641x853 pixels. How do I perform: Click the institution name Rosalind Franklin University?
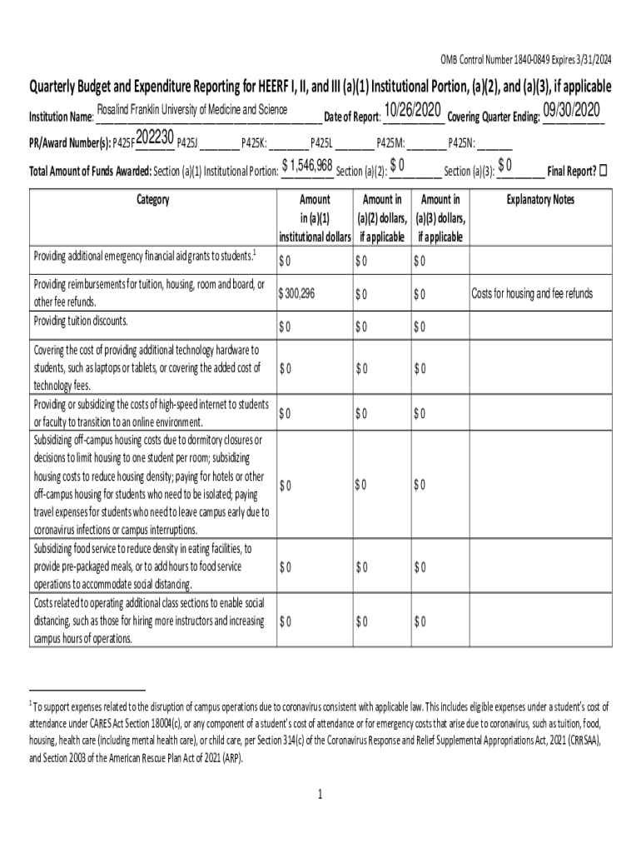click(x=192, y=111)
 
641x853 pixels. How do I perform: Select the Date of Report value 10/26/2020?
click(x=413, y=111)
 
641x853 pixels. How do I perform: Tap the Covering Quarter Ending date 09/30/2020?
click(x=571, y=111)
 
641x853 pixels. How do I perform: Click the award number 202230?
click(x=155, y=137)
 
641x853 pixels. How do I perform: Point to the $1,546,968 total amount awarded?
click(x=307, y=165)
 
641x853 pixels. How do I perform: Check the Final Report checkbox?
click(x=604, y=171)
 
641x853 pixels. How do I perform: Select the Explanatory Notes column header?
click(x=540, y=200)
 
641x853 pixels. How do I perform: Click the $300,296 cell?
click(x=297, y=294)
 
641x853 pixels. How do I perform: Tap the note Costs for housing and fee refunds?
click(x=533, y=294)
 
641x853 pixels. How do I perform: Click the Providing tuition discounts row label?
click(x=81, y=321)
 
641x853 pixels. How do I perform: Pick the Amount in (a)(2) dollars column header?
click(x=382, y=218)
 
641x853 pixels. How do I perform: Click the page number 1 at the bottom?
click(x=320, y=794)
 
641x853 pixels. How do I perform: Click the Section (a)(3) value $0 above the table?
click(x=505, y=165)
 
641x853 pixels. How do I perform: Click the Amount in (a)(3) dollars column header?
click(x=440, y=218)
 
